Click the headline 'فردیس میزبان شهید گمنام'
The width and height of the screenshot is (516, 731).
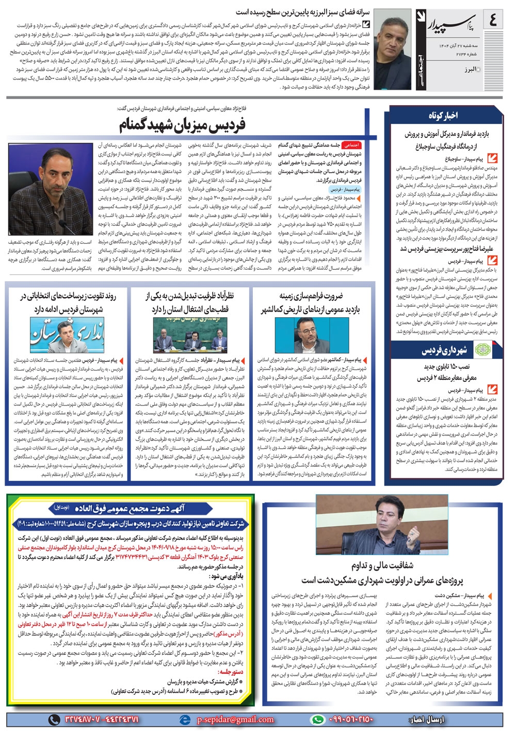coord(183,124)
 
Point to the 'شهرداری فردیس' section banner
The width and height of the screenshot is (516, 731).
coord(444,351)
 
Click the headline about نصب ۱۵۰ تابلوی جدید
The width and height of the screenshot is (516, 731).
coord(446,367)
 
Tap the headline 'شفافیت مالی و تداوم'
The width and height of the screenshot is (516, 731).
coord(382,565)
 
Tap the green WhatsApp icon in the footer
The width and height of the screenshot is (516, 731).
coord(317,719)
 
